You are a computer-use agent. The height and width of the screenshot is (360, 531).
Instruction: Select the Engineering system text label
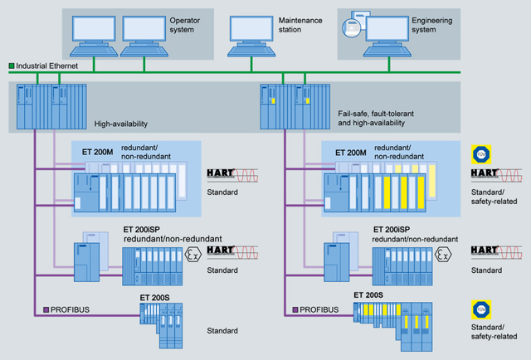[x=437, y=24]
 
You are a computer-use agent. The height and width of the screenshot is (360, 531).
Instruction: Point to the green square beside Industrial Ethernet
[x=11, y=65]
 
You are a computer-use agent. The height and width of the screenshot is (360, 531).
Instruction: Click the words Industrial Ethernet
[x=46, y=65]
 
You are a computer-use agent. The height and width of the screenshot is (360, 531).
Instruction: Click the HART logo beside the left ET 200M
[x=222, y=174]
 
